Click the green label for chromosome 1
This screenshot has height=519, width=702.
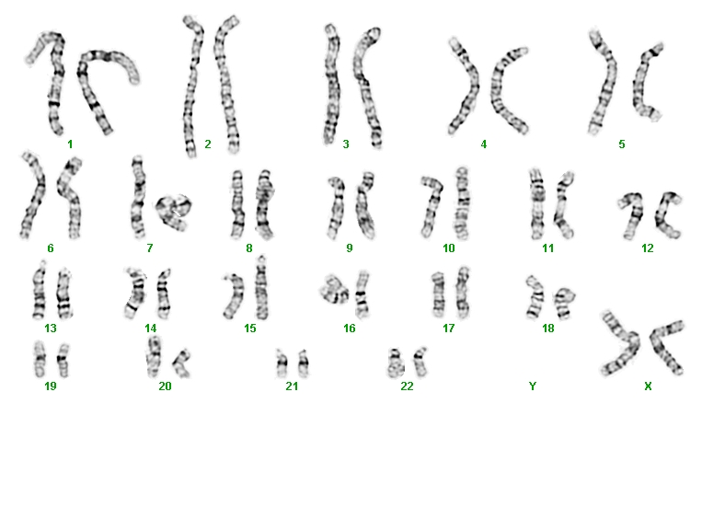coord(70,144)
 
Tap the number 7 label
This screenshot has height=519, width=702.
coord(150,248)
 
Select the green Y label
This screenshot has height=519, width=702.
coord(533,386)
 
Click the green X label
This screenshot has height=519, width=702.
coord(648,386)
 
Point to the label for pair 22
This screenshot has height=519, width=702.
coord(407,386)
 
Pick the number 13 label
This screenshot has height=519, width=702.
coord(51,329)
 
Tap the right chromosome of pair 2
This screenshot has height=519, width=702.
coord(227,85)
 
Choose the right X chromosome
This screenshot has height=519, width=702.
coord(667,346)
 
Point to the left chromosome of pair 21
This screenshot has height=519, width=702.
coord(282,363)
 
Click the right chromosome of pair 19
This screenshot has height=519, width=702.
coord(63,360)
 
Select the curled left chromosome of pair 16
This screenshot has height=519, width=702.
coord(334,290)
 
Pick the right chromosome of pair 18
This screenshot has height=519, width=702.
coord(564,303)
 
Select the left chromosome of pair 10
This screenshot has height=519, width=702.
coord(432,206)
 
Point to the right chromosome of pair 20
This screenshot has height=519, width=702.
coord(183,363)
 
